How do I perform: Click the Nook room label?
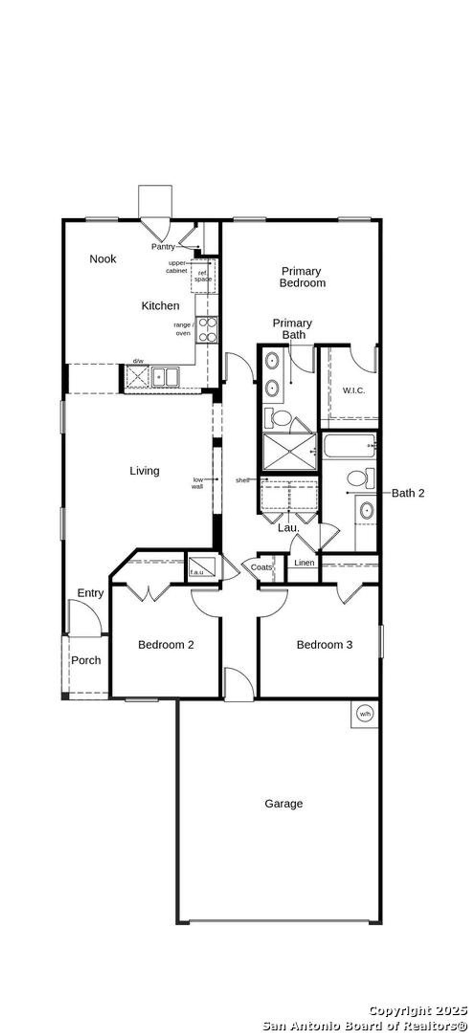click(x=103, y=259)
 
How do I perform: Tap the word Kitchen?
click(x=160, y=306)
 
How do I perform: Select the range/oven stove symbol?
click(x=207, y=330)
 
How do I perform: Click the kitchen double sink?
click(x=165, y=377)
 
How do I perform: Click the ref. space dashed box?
click(x=203, y=276)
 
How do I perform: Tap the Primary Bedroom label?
click(x=302, y=277)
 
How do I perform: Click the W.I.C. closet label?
click(x=354, y=391)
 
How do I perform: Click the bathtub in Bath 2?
click(x=349, y=446)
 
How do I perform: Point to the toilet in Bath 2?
click(x=359, y=478)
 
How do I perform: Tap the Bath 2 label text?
click(x=407, y=493)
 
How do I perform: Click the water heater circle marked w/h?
click(x=365, y=714)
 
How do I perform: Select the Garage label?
click(x=284, y=804)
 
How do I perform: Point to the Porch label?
click(x=86, y=661)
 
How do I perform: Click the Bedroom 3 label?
click(x=324, y=645)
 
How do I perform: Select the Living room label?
click(x=144, y=471)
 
